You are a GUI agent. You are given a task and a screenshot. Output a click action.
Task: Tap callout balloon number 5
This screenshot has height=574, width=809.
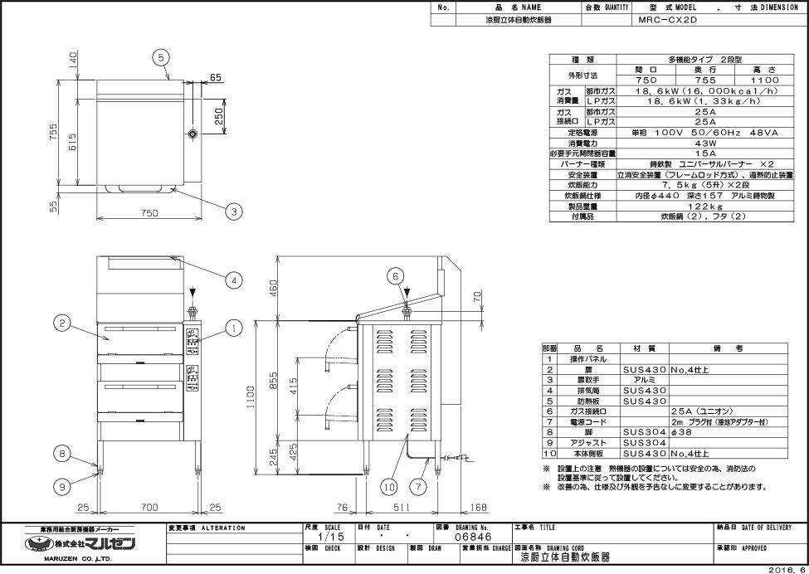click(162, 56)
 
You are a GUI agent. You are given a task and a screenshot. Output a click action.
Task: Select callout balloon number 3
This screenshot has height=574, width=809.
click(234, 212)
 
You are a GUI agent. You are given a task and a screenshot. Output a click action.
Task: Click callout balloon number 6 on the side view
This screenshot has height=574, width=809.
click(396, 275)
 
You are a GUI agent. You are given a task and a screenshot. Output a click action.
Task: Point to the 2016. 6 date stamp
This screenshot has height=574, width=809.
click(787, 569)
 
